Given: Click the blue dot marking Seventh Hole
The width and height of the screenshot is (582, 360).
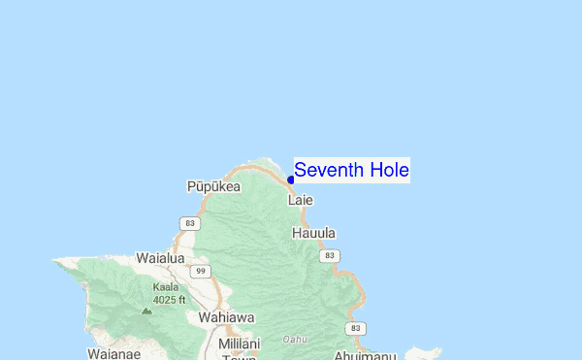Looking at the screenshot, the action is point(290,180).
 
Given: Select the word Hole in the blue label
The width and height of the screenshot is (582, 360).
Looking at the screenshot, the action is point(386,170).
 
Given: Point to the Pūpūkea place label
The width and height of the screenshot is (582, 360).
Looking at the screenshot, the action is point(213,186).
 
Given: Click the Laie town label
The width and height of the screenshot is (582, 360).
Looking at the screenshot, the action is point(301,201).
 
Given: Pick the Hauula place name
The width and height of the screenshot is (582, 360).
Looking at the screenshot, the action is point(314,233).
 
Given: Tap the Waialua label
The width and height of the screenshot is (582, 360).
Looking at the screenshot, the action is point(160,258).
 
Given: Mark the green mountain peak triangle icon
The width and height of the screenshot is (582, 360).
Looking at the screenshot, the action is point(146,311).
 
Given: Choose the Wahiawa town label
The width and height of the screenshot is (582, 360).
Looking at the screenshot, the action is point(226,316).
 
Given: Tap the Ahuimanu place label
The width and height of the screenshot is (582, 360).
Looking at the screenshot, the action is point(366,355).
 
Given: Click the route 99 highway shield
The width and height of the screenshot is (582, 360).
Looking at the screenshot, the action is point(201,271).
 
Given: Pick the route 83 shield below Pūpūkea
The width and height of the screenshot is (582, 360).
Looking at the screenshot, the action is point(188,223).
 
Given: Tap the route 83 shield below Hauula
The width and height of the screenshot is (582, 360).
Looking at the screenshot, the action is point(331,255).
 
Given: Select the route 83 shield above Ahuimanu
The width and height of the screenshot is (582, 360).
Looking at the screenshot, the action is point(358,329).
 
